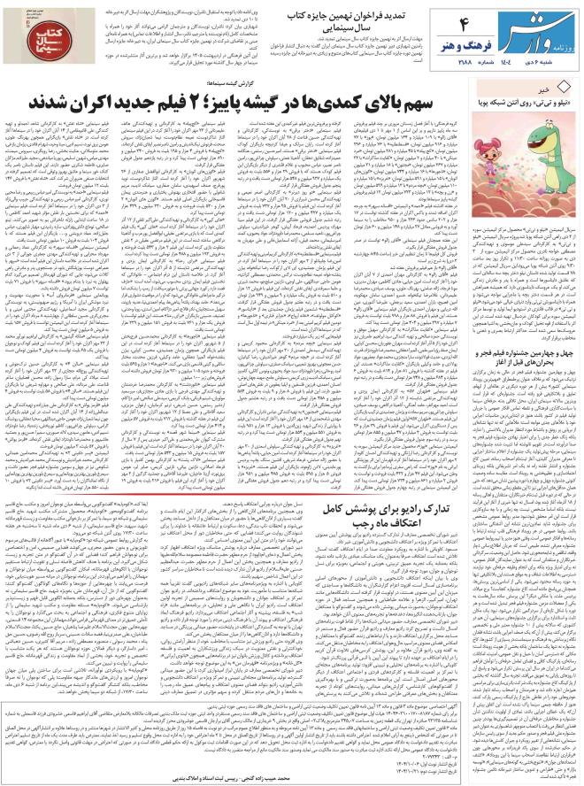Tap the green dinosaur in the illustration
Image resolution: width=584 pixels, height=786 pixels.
pos(544,142)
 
